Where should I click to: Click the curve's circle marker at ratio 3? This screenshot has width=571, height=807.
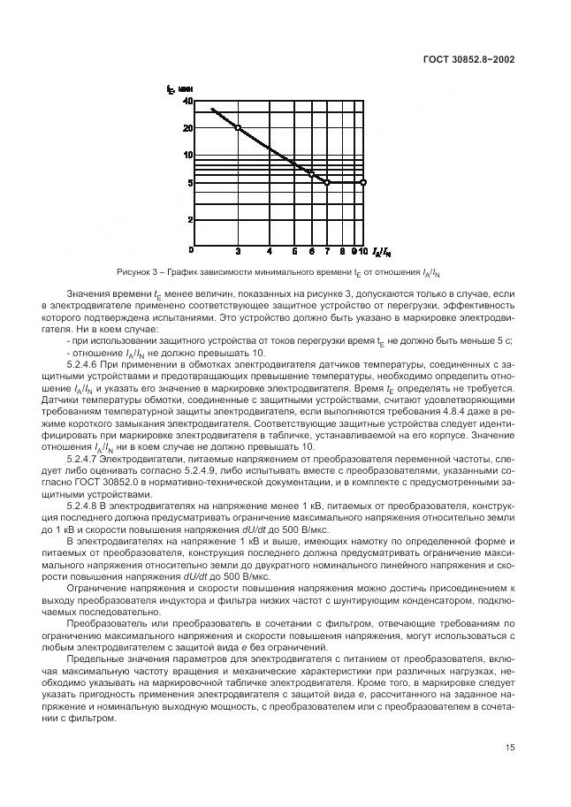[238, 128]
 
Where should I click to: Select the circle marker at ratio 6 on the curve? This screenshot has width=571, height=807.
[311, 173]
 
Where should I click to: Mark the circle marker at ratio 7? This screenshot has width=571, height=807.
[327, 182]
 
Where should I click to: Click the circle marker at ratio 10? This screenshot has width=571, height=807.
[362, 182]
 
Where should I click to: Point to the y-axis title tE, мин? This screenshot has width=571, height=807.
[180, 88]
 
